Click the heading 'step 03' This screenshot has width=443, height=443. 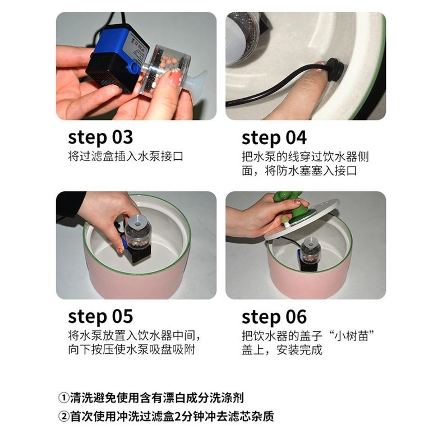pyautogui.click(x=100, y=137)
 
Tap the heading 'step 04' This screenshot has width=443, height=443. pyautogui.click(x=274, y=137)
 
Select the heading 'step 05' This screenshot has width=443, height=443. pyautogui.click(x=100, y=316)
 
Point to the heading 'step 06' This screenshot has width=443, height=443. pyautogui.click(x=274, y=316)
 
